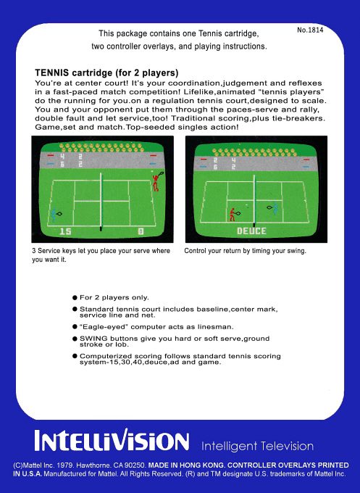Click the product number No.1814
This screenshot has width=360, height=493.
pyautogui.click(x=310, y=30)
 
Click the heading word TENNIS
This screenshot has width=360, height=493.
pyautogui.click(x=52, y=72)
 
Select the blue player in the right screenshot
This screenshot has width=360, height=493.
pyautogui.click(x=272, y=208)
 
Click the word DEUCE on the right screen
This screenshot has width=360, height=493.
pyautogui.click(x=251, y=231)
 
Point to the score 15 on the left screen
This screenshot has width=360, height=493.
pyautogui.click(x=65, y=232)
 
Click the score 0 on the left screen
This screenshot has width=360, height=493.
pyautogui.click(x=141, y=232)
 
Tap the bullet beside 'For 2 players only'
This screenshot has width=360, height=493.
pyautogui.click(x=75, y=297)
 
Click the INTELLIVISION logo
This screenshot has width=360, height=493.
pyautogui.click(x=112, y=440)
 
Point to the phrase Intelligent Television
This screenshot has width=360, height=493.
pyautogui.click(x=257, y=446)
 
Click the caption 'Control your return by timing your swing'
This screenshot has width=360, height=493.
pyautogui.click(x=245, y=251)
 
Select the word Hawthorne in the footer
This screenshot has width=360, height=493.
pyautogui.click(x=93, y=465)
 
